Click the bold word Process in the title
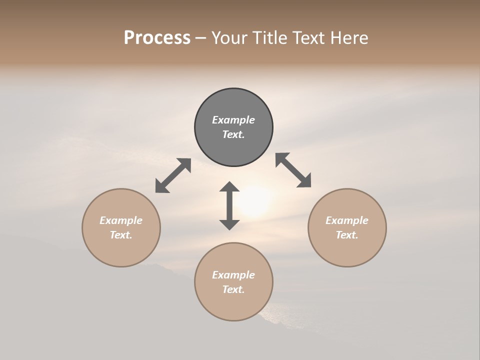point(157,38)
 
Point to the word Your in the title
point(229,38)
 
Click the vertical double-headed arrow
point(229,205)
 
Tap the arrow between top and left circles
point(173,175)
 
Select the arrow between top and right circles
point(293,170)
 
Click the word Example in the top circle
point(233,120)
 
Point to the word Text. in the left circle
point(121,235)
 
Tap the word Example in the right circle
point(347,220)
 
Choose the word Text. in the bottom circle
point(233,289)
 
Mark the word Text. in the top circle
point(233,134)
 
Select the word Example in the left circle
point(121,220)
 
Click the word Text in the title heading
point(308,38)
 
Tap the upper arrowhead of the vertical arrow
point(229,186)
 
